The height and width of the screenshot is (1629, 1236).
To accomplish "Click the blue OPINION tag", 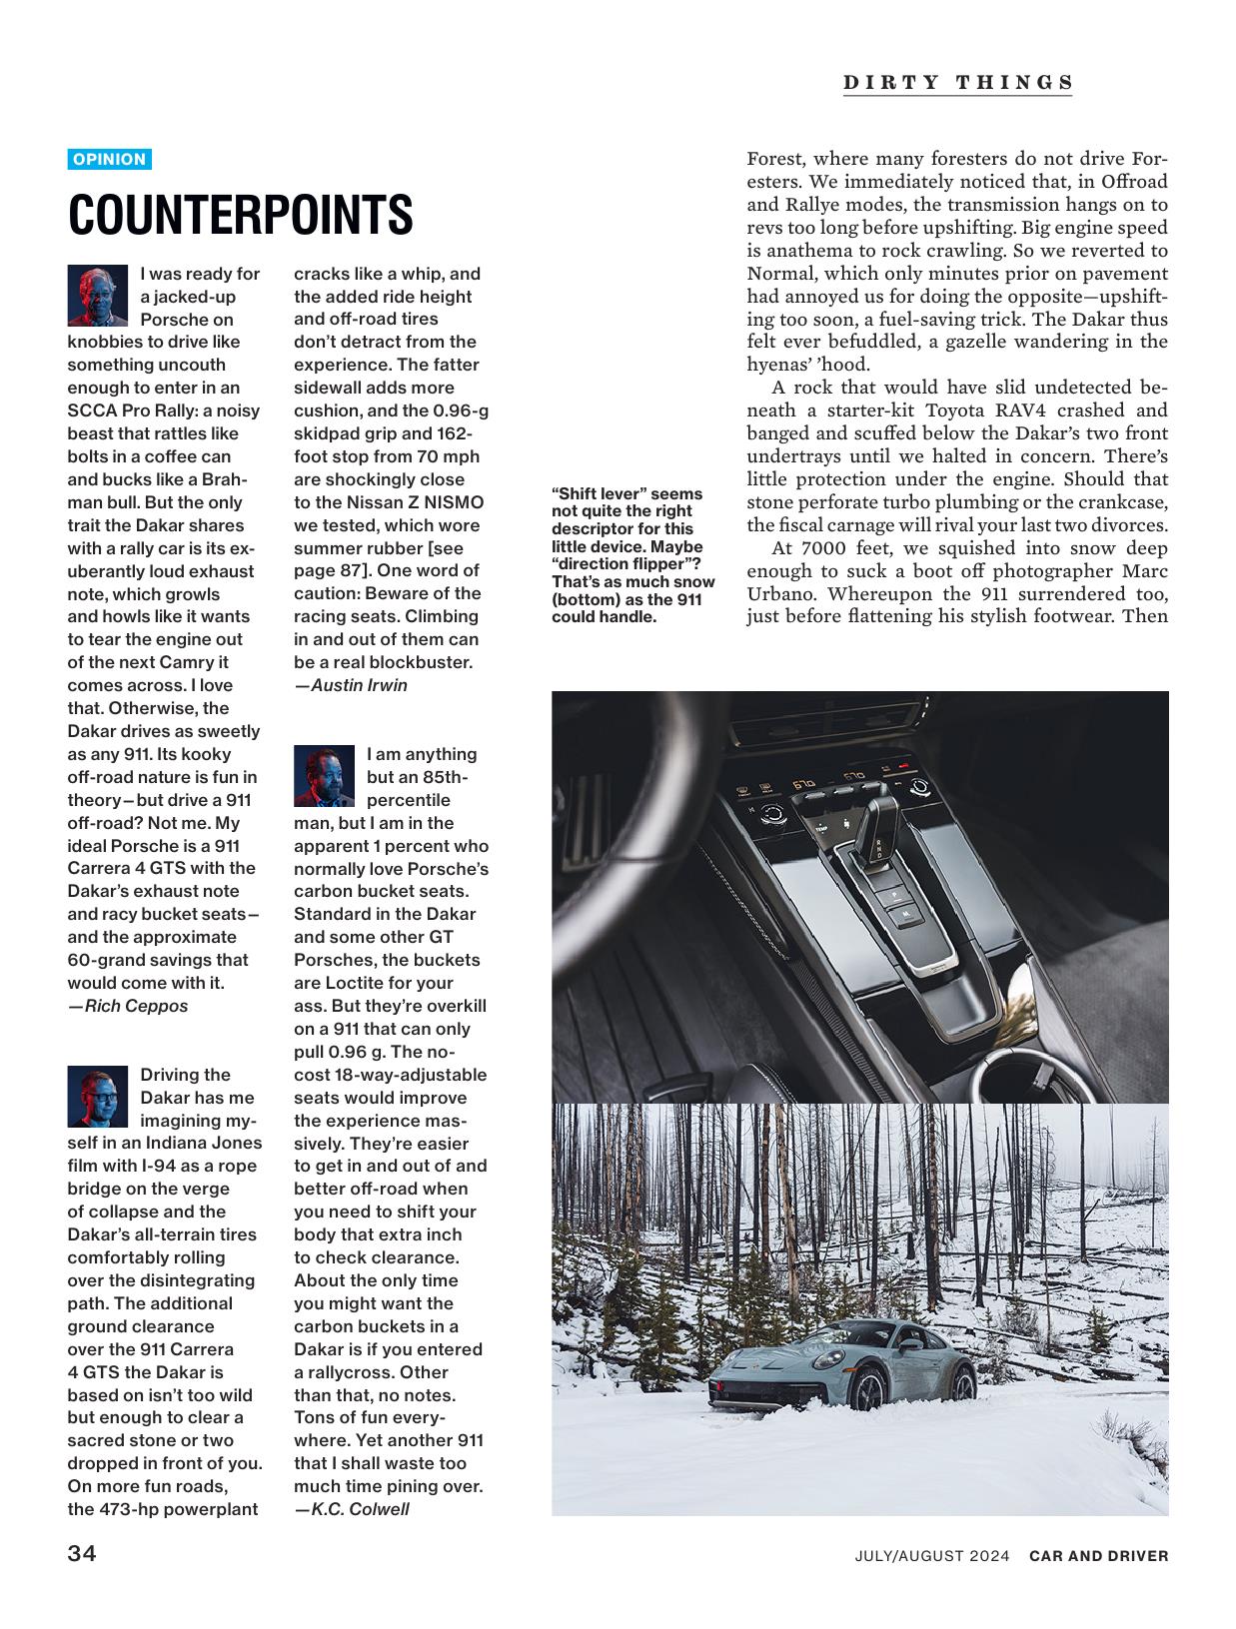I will [x=109, y=159].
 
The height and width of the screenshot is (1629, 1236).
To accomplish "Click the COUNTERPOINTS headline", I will [x=240, y=215].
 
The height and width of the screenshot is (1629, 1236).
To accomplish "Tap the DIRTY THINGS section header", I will [x=957, y=83].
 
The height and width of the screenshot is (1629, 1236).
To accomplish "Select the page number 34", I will [x=82, y=1554].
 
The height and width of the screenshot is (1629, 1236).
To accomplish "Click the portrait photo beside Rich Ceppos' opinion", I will [x=98, y=295].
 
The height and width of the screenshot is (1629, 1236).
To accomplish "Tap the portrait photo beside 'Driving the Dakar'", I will [x=98, y=1096].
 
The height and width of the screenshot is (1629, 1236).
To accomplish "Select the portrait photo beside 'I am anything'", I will [x=324, y=775].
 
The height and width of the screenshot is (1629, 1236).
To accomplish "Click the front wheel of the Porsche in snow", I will [x=867, y=1388].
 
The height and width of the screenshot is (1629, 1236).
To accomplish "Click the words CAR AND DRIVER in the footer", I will [x=1098, y=1555].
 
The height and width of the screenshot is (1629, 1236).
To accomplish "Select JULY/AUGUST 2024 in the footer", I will [x=931, y=1555].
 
